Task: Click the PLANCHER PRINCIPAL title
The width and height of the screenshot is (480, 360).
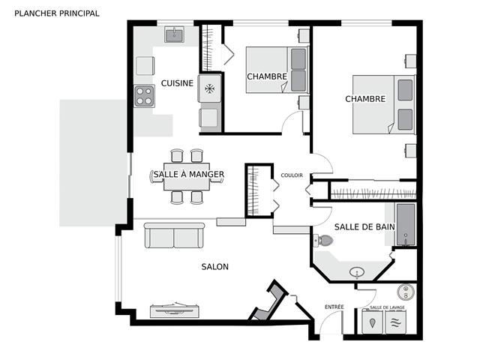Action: tap(57, 13)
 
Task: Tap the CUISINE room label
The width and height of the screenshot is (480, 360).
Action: tap(177, 83)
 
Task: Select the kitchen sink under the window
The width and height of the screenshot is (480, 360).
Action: tap(175, 34)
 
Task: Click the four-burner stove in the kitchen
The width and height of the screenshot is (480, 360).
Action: tap(144, 96)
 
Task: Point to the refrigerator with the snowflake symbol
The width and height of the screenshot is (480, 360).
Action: tap(210, 88)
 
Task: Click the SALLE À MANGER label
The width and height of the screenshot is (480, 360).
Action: tap(189, 174)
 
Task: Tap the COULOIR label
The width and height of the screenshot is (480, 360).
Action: tap(292, 175)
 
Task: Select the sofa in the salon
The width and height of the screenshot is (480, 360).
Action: tap(174, 235)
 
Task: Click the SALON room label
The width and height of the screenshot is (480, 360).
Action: tap(215, 267)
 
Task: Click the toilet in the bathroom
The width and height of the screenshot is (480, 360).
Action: tap(323, 240)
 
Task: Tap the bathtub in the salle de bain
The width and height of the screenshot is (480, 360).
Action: tap(406, 224)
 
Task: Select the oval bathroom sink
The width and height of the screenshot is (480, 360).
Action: tap(357, 271)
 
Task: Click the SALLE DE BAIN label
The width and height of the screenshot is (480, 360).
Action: tap(364, 226)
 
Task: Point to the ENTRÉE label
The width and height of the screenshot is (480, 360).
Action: tap(334, 307)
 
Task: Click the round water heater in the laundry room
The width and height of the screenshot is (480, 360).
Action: tap(406, 292)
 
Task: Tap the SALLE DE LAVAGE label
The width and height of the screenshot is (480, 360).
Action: tap(387, 307)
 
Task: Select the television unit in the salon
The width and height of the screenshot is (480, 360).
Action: tap(175, 310)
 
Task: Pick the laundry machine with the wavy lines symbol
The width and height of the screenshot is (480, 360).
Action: tap(395, 322)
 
